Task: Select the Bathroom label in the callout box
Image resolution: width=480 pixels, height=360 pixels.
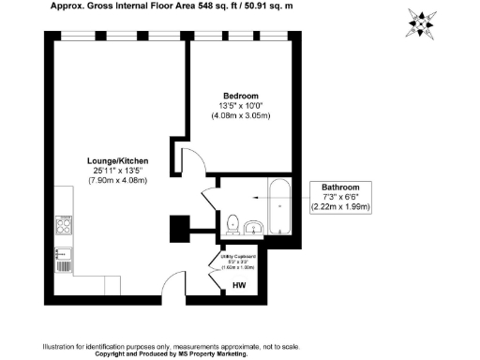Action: click(341, 187)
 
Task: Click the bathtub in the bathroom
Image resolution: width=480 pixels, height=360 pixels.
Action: click(277, 208)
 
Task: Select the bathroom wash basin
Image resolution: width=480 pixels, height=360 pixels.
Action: click(252, 229)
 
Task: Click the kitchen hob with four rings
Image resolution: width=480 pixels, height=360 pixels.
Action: click(64, 226)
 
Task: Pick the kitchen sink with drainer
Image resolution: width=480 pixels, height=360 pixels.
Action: click(64, 256)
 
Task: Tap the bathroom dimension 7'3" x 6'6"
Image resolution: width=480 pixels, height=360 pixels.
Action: click(341, 197)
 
